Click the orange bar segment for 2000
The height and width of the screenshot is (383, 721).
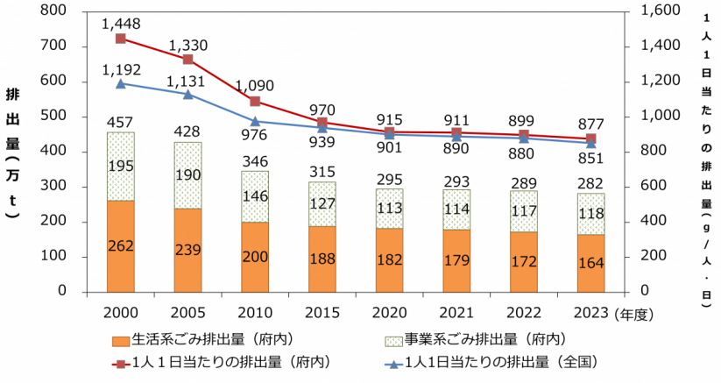[x=120, y=246]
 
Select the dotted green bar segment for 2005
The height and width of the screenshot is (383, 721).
[x=187, y=175]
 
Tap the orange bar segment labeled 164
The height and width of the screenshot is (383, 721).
[x=590, y=262]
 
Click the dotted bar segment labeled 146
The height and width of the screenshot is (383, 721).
[x=255, y=196]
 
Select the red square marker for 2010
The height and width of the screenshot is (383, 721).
[x=255, y=102]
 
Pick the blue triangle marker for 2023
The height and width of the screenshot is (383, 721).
[x=590, y=143]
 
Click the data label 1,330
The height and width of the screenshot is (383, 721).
[x=188, y=45]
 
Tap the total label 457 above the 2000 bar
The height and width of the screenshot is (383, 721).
[x=120, y=121]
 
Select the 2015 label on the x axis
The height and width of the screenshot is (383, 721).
[x=322, y=312]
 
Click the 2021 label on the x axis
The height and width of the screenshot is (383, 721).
[x=456, y=312]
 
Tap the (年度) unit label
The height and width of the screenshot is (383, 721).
[x=639, y=312]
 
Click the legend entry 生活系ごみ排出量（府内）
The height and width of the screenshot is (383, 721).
[x=210, y=340]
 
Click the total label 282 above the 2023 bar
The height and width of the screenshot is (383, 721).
[x=590, y=181]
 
